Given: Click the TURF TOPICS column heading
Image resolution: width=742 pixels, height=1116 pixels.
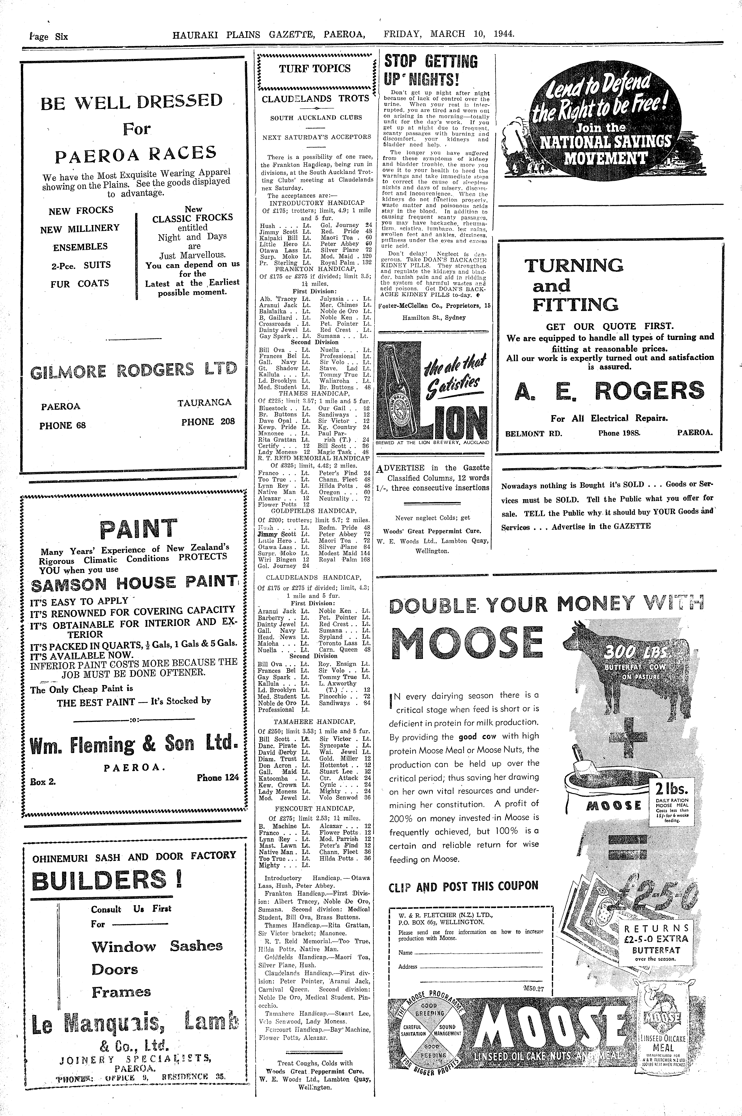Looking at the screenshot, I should click(x=315, y=69).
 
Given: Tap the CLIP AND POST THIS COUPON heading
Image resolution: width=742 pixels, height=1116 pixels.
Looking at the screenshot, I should click(x=463, y=886).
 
